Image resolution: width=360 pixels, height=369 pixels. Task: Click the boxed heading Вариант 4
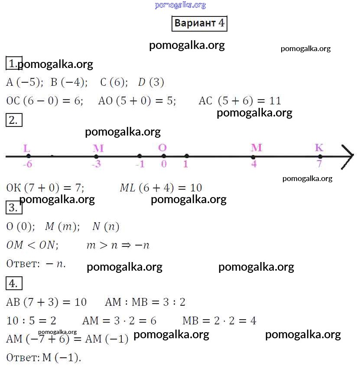click(200, 23)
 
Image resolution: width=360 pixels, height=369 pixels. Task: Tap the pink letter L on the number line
click(27, 148)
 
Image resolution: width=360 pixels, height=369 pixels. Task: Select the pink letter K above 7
click(319, 148)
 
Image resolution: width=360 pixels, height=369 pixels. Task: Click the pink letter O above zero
click(162, 148)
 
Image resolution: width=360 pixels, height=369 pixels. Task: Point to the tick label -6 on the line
click(27, 165)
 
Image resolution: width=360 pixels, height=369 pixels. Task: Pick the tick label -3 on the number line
click(96, 165)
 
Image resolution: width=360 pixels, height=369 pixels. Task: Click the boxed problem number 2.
click(14, 120)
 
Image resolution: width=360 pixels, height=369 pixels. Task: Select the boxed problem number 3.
click(14, 208)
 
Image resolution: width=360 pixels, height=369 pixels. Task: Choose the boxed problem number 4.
click(14, 284)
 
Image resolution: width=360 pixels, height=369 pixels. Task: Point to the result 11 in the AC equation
click(275, 101)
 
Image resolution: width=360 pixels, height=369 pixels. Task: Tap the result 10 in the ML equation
click(196, 188)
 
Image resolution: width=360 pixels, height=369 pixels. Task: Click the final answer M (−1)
click(62, 358)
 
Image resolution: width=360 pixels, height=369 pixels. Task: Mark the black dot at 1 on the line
click(186, 156)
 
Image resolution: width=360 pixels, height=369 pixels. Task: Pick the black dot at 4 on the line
click(253, 156)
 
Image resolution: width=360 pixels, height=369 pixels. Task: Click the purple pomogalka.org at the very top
click(180, 5)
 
